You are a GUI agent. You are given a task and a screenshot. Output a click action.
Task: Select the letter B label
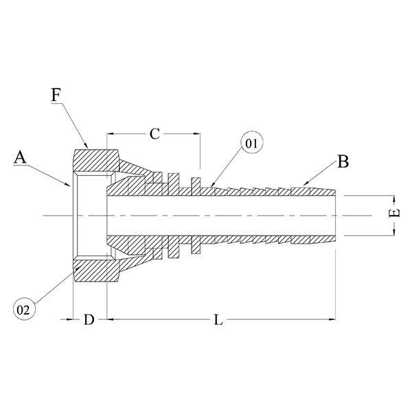(343, 163)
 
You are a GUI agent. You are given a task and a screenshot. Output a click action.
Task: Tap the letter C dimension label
(155, 134)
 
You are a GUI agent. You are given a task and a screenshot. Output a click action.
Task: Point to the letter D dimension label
(89, 320)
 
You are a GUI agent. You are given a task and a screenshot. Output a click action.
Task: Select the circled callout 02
(23, 310)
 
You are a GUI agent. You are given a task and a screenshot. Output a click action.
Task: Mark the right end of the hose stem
(334, 216)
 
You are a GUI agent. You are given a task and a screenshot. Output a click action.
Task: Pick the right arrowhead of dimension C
(196, 134)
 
